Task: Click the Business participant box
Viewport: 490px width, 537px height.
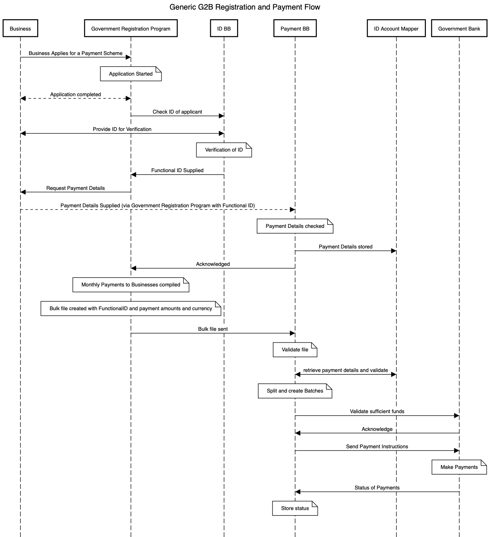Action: (20, 28)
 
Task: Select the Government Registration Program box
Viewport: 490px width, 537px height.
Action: (131, 28)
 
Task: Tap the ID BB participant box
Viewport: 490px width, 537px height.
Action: (224, 28)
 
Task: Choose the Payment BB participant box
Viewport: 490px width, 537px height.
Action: (295, 28)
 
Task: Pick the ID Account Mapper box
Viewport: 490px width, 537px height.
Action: (396, 28)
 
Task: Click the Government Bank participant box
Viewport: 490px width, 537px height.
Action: (459, 28)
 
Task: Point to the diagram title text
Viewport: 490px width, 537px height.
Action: (244, 7)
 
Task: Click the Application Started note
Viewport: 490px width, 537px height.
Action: (131, 74)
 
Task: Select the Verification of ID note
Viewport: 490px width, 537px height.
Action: (224, 150)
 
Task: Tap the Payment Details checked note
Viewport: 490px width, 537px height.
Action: (295, 226)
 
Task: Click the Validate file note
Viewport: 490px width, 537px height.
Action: (295, 350)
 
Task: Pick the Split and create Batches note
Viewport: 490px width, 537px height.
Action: (295, 391)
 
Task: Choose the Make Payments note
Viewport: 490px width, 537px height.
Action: (459, 467)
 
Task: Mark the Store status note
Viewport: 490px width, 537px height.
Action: (295, 508)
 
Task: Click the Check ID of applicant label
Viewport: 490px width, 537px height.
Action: (177, 112)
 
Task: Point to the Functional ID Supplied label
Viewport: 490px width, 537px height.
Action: (177, 170)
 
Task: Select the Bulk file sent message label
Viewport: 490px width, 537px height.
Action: (213, 329)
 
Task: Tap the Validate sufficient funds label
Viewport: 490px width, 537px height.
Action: (377, 411)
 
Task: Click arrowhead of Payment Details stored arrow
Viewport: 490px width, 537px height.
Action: (394, 251)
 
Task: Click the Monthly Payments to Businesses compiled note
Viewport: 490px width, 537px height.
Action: (131, 285)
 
